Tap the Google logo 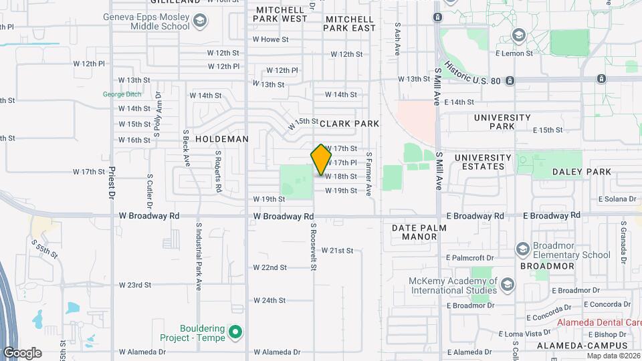click(x=22, y=352)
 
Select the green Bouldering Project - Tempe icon click(x=235, y=332)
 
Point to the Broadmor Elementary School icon click(x=523, y=249)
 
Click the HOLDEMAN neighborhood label click(x=222, y=139)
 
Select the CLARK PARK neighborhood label click(x=349, y=124)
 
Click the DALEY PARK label click(x=581, y=172)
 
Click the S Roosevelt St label click(x=312, y=247)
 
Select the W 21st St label click(x=336, y=251)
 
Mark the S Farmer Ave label click(x=368, y=172)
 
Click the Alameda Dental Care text click(x=599, y=322)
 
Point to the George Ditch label click(x=122, y=94)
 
